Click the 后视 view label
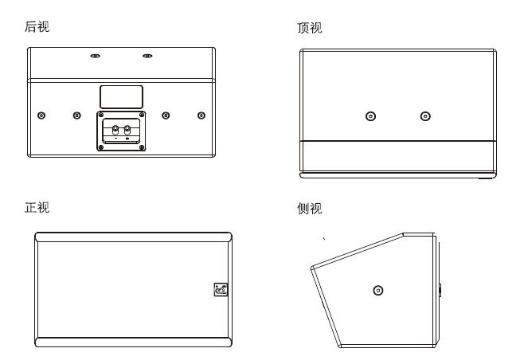37,28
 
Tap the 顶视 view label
309,29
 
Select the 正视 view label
37,208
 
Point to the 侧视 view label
309,209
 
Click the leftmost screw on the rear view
41,115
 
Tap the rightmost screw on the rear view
201,115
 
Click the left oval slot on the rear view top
95,56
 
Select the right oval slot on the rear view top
147,56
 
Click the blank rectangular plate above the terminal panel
121,96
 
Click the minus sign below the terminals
116,139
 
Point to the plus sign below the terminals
127,139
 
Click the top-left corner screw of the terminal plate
102,116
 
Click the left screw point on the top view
370,116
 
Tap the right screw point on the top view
425,116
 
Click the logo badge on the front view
220,290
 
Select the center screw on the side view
378,289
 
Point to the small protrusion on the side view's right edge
438,288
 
